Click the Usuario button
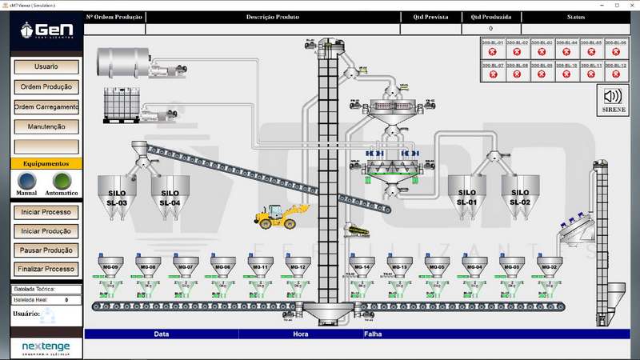point(46,67)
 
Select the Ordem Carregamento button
point(46,106)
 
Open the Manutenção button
point(46,126)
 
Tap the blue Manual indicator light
point(27,180)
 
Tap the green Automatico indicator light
point(62,180)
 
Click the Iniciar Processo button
point(46,213)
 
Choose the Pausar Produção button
point(46,250)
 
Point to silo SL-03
point(117,197)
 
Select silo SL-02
point(519,197)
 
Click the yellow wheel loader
point(274,215)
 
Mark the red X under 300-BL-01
point(494,51)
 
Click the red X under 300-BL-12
point(614,74)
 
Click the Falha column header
point(373,334)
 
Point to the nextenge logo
point(46,347)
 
